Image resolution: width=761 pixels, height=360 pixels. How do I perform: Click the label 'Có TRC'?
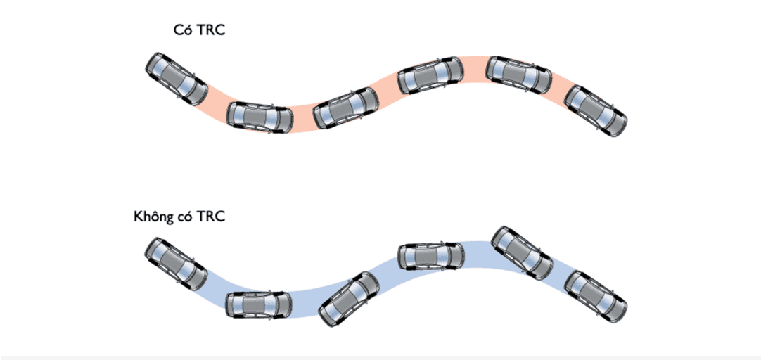coord(199,30)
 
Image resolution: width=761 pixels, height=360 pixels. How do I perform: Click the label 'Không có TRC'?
coord(179,217)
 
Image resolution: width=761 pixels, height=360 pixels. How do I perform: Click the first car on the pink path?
coord(177,79)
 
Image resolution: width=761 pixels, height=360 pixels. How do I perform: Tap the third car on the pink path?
coord(345,108)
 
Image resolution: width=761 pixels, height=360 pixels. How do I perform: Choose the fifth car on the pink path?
coord(519,75)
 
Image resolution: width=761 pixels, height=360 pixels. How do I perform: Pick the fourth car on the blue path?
coord(431,255)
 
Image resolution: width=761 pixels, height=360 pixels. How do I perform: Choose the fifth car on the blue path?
coord(522,252)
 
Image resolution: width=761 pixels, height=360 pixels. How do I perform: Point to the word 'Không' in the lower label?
coord(155,217)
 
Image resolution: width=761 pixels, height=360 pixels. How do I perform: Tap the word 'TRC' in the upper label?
coord(212,30)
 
